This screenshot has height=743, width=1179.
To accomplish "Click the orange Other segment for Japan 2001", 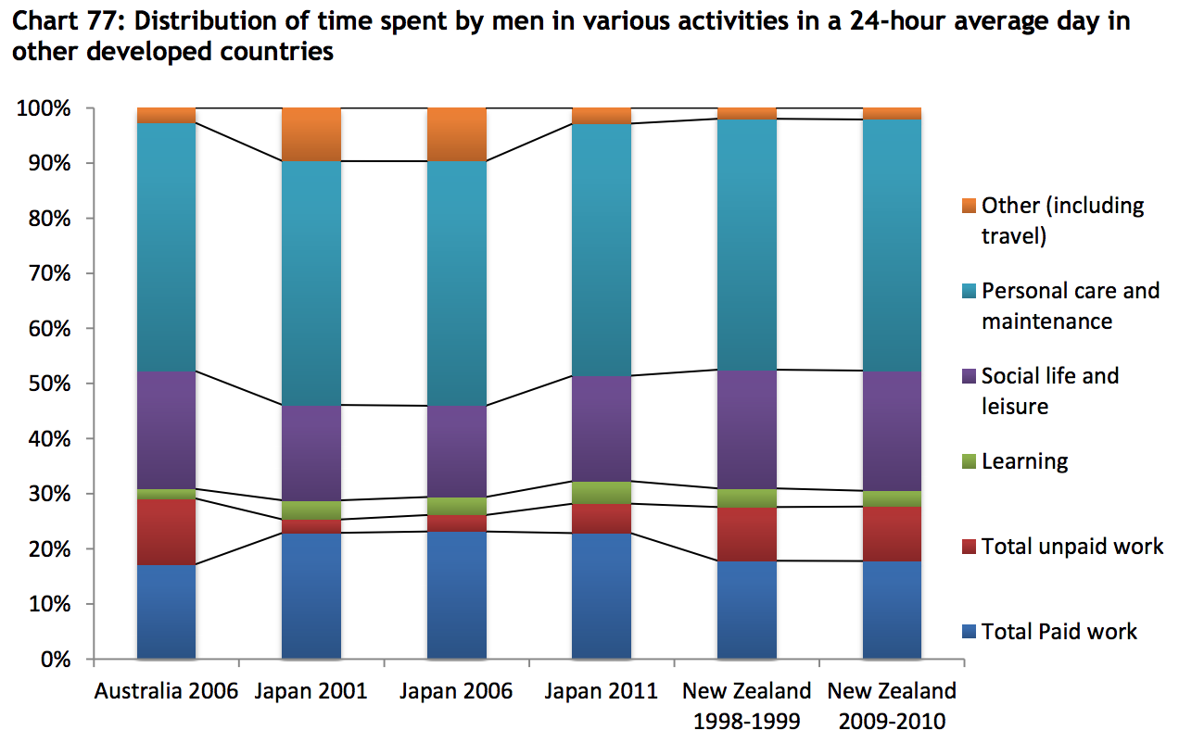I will [311, 134].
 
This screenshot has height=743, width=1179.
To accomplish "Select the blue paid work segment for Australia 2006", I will [166, 611].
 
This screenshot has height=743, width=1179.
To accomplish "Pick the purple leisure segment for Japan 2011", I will [602, 428].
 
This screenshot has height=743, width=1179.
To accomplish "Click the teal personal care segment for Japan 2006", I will [457, 283].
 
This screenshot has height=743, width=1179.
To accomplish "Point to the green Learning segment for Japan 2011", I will [602, 492].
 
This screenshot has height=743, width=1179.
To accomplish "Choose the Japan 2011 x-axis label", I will [602, 691].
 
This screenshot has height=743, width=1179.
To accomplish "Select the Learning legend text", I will [1024, 461].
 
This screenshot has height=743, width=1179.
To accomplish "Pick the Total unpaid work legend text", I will [1071, 547].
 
